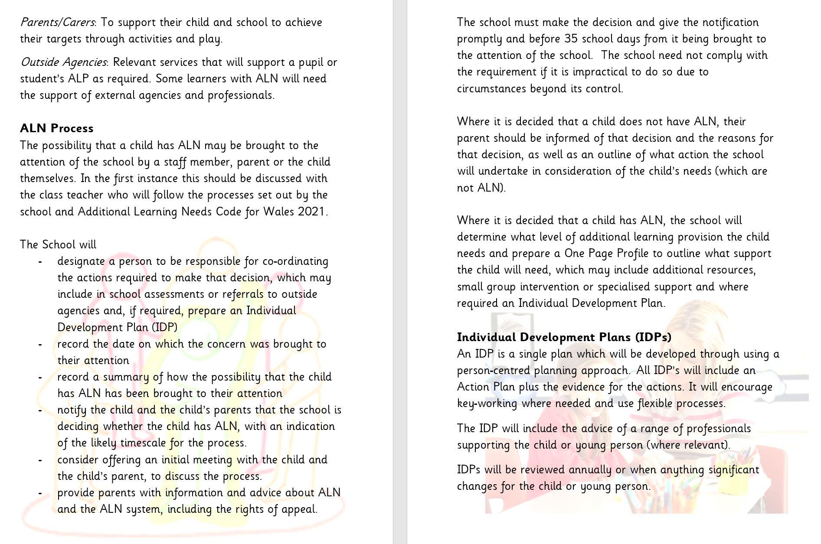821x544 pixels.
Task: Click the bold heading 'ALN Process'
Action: pos(57,128)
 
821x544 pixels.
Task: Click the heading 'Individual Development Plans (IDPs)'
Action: pos(564,337)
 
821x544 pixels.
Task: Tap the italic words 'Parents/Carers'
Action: pos(57,22)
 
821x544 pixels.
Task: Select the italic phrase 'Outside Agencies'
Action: pos(63,62)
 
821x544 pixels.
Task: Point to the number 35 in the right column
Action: pos(571,39)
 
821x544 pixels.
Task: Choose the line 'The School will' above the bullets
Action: pos(58,245)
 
